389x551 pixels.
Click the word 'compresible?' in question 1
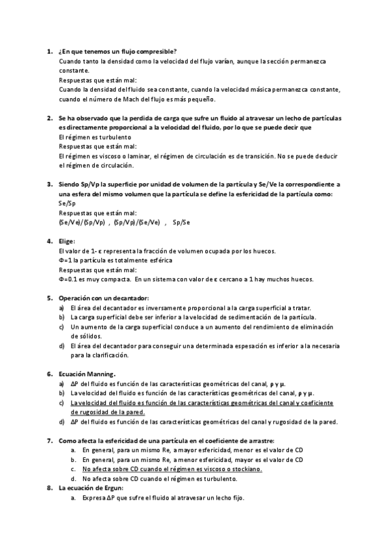point(157,51)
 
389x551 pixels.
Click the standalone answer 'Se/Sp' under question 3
point(67,203)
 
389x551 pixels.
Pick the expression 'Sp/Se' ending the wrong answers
point(181,222)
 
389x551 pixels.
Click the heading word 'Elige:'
point(68,242)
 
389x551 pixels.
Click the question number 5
point(49,298)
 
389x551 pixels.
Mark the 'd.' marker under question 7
point(73,479)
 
